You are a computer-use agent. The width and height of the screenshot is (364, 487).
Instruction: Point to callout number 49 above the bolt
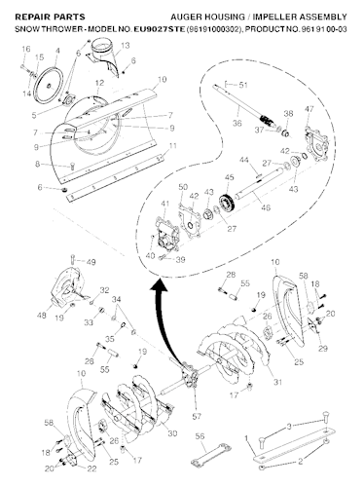tap(91, 262)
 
